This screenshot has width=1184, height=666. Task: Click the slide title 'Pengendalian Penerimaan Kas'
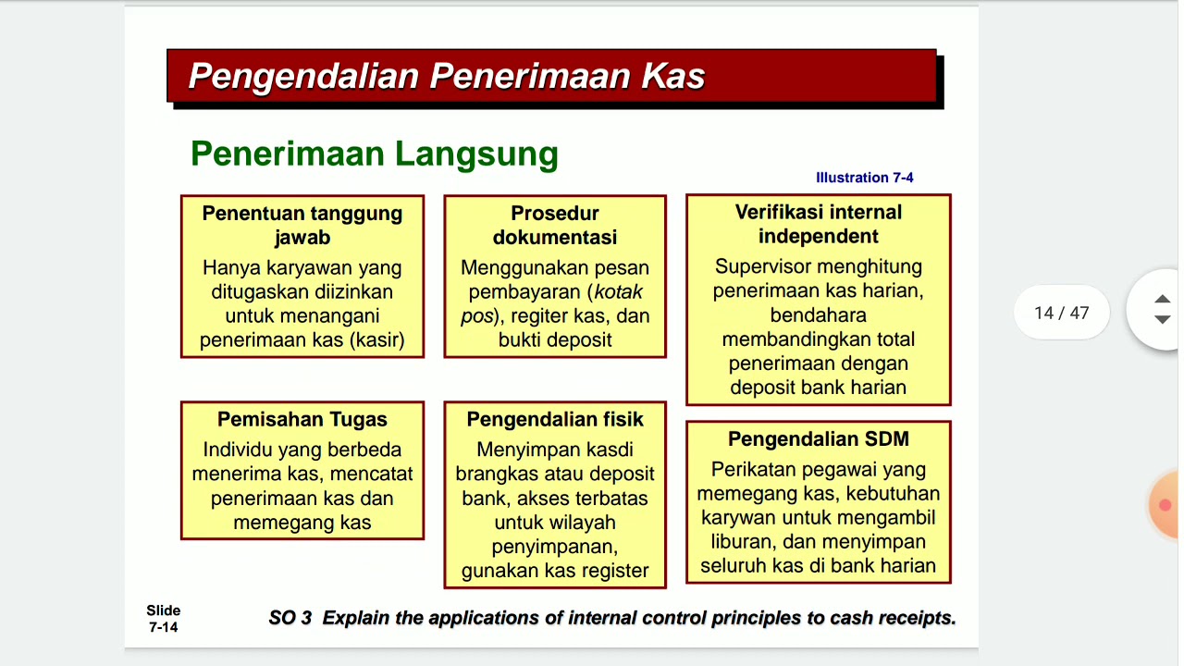(x=447, y=76)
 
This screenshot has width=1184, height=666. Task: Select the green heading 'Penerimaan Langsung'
(x=375, y=154)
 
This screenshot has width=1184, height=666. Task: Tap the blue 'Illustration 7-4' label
(x=864, y=178)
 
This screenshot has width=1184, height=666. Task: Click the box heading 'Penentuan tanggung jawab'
(x=302, y=226)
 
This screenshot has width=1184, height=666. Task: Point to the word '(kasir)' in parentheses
(x=377, y=339)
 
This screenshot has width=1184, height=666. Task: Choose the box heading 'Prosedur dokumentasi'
(x=555, y=226)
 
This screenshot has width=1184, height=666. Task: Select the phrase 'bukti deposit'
(x=555, y=339)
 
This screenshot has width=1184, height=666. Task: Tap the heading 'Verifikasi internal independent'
(x=818, y=224)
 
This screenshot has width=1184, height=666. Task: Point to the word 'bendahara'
(x=818, y=314)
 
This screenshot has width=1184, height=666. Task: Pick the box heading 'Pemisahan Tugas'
(x=302, y=419)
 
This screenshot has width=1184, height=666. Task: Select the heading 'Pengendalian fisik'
(x=555, y=419)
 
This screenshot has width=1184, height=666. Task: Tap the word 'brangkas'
(x=493, y=475)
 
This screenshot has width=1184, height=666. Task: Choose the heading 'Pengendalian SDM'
(x=818, y=439)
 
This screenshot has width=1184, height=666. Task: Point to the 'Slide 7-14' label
(x=164, y=619)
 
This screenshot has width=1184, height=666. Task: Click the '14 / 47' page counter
(x=1061, y=313)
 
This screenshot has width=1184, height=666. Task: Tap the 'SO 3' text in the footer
(x=290, y=618)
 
